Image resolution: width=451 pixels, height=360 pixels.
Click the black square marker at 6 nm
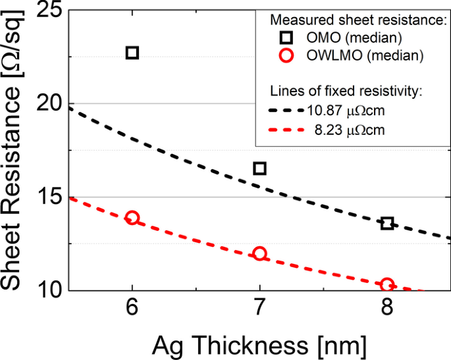132,53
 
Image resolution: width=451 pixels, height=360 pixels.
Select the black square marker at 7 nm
259,168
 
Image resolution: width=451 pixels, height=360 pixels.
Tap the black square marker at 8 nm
387,224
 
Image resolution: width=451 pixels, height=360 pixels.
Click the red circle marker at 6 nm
132,218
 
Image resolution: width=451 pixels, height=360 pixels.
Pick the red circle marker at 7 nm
259,253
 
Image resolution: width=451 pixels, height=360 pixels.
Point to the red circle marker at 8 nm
387,285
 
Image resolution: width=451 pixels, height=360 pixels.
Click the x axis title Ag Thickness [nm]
260,344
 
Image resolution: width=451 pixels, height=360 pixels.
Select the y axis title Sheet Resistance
14,151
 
